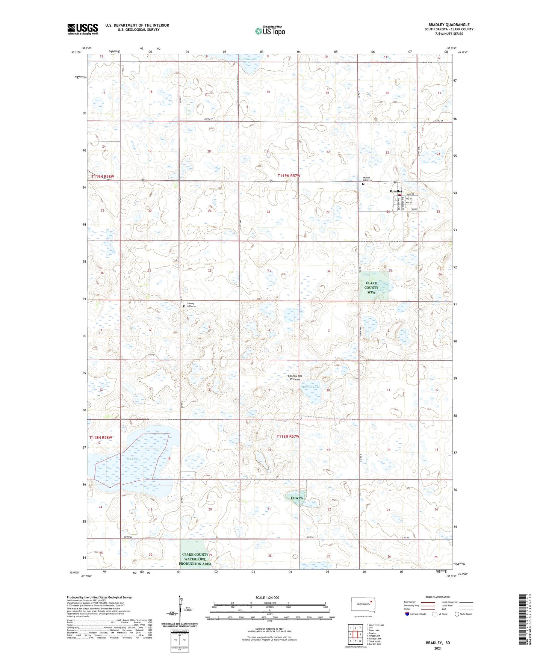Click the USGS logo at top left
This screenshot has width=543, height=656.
(83, 29)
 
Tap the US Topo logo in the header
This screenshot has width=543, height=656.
(270, 31)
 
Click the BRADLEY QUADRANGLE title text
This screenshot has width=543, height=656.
(449, 25)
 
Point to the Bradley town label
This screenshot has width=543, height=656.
(396, 191)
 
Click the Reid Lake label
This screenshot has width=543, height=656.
(133, 459)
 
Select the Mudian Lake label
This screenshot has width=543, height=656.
(311, 387)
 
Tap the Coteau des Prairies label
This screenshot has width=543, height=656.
(295, 378)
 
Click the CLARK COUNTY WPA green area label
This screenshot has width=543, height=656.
(371, 287)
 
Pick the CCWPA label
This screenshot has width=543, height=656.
(297, 498)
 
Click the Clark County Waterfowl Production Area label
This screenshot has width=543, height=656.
(195, 559)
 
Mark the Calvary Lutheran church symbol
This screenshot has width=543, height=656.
(184, 307)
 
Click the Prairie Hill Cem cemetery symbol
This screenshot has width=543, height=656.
(363, 184)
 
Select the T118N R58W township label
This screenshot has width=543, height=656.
(101, 437)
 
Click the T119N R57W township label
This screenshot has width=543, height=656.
(289, 176)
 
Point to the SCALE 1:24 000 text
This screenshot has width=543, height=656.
(267, 597)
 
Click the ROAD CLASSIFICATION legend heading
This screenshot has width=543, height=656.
(438, 597)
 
